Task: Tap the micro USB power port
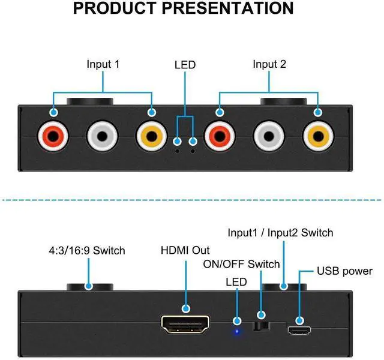(298, 329)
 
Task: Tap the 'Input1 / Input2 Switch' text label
(280, 232)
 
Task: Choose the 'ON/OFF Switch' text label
(241, 264)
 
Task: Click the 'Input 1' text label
(103, 64)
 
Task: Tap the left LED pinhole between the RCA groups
(177, 151)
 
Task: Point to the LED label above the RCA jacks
(185, 64)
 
